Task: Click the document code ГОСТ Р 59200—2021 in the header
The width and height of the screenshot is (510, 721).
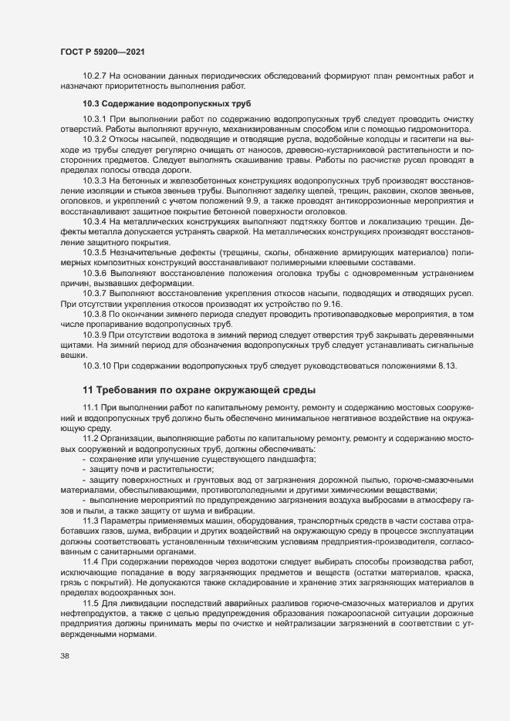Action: click(x=100, y=51)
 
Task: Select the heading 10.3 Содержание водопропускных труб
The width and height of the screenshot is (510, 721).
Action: click(x=166, y=103)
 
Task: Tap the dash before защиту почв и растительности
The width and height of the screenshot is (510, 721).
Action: click(x=84, y=470)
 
